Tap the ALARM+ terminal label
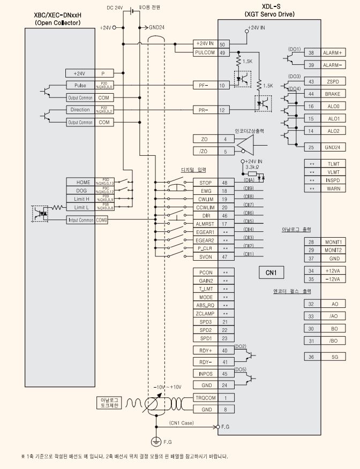point(333,52)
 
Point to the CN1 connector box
point(271,272)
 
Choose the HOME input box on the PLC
point(80,182)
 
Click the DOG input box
point(80,190)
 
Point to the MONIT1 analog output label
point(333,242)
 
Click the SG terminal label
point(333,356)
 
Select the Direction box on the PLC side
point(80,110)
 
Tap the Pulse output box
point(80,85)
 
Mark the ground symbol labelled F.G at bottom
point(156,441)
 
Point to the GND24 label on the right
point(333,147)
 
